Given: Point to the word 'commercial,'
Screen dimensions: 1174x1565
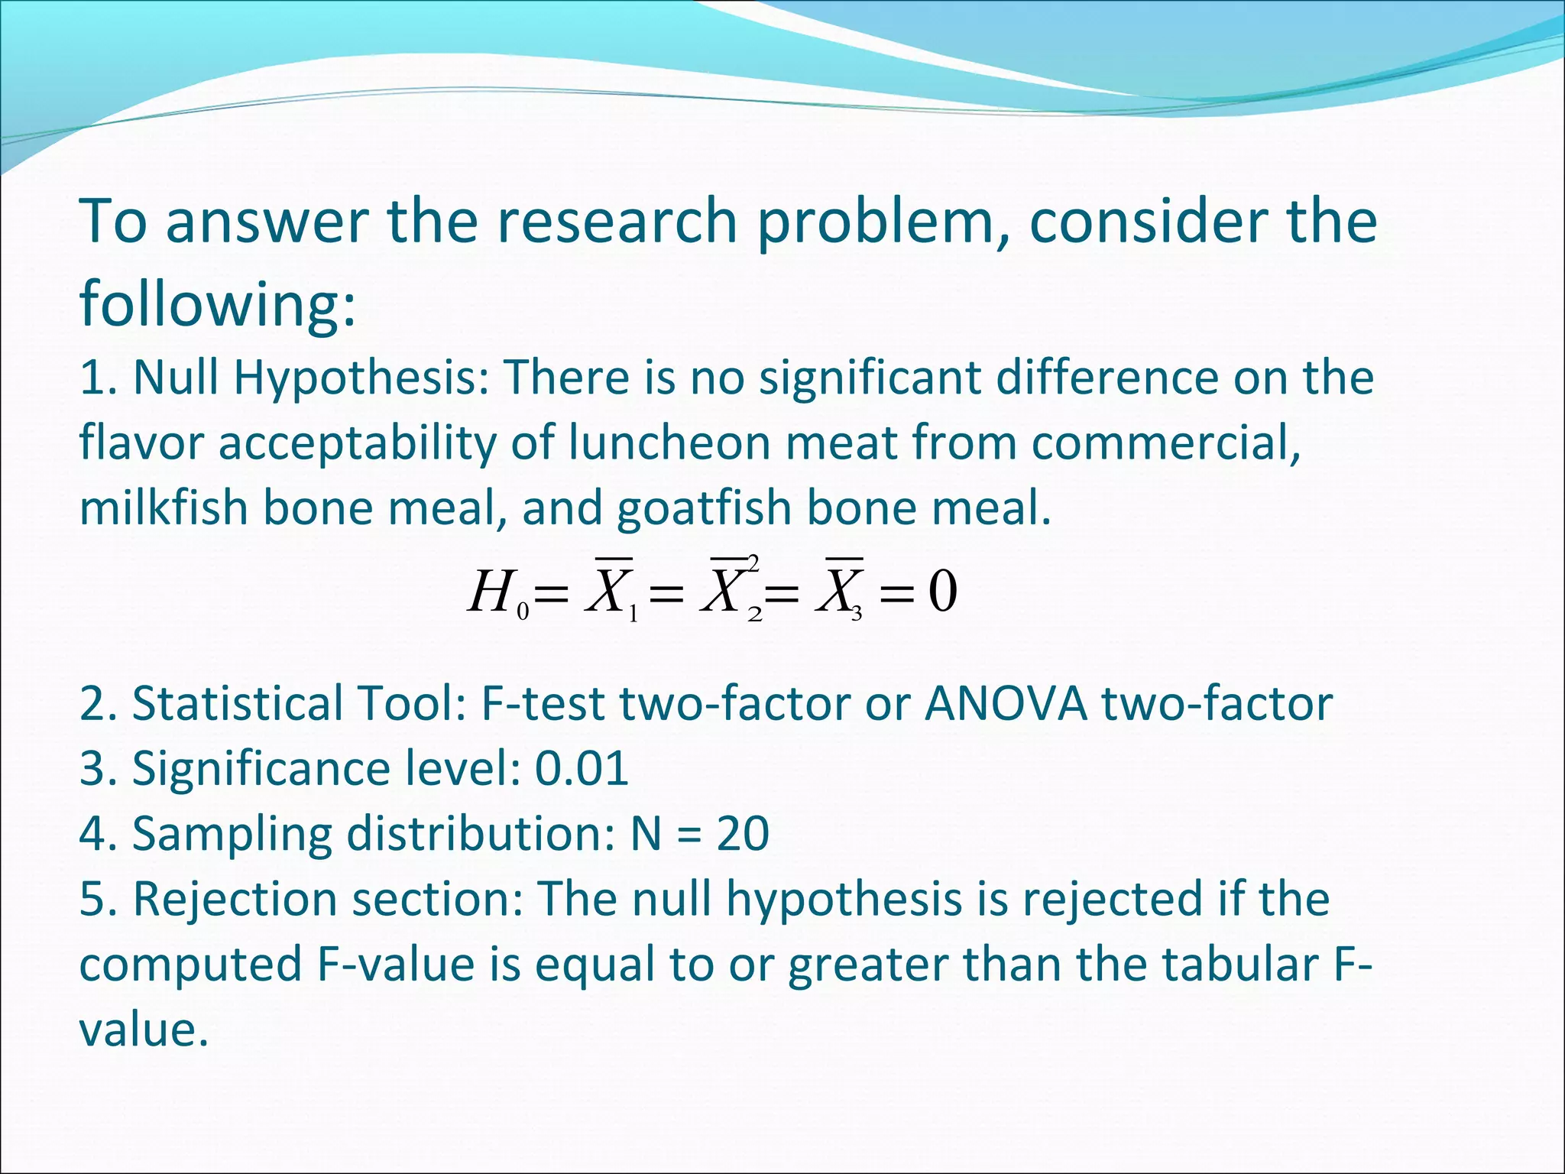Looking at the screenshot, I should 1166,443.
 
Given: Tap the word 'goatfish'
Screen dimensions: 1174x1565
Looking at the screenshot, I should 703,508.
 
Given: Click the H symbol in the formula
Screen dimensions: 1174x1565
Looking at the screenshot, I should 489,592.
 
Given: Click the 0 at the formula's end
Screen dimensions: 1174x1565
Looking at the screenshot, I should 942,592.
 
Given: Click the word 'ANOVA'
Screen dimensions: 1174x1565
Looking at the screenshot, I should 1005,703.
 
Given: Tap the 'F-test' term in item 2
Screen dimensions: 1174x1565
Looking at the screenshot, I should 542,703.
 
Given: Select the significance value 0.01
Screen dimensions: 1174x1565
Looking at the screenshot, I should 582,768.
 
